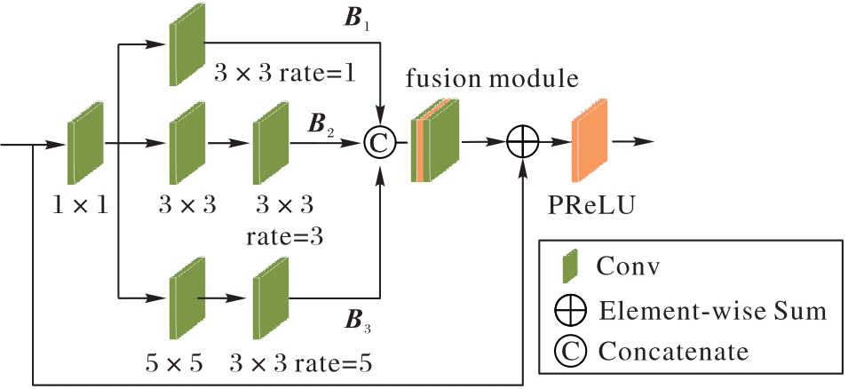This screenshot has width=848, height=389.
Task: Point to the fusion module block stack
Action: click(x=436, y=141)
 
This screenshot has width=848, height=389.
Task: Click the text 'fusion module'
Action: click(x=493, y=78)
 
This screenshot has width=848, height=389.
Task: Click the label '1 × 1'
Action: click(x=79, y=206)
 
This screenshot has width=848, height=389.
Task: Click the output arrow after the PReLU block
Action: click(x=632, y=141)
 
